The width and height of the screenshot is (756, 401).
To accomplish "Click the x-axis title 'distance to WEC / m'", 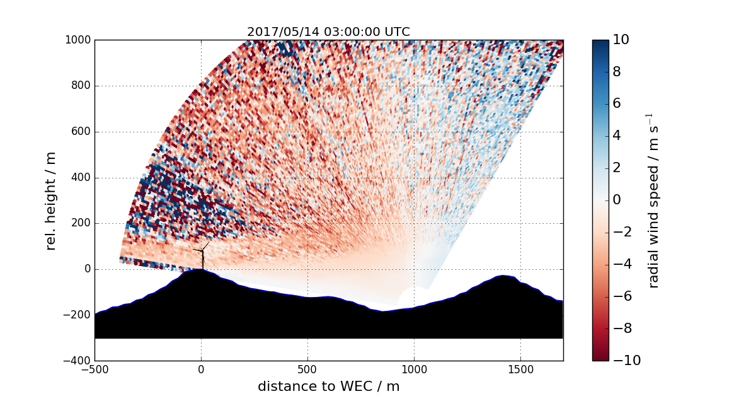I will click(328, 386).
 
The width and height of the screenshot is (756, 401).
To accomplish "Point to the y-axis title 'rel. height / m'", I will click(51, 200).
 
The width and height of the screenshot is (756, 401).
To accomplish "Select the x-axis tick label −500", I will click(94, 369).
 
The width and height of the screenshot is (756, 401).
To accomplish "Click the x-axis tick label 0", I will click(201, 369).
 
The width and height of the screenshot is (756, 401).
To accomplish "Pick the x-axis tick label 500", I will click(307, 369).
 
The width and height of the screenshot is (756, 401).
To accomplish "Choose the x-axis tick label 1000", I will click(414, 369).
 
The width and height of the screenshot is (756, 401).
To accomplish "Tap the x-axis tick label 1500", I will click(520, 369).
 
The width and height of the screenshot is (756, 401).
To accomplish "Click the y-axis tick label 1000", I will click(78, 40).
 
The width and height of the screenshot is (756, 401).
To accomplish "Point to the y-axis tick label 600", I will click(81, 132).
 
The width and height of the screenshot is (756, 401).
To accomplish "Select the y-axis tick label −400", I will click(78, 361).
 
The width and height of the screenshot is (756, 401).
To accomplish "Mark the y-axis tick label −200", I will click(78, 315).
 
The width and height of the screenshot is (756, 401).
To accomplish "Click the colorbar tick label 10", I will click(621, 40).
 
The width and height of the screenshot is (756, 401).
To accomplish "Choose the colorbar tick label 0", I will click(617, 200).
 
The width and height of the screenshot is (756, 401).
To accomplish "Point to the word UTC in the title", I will click(398, 32).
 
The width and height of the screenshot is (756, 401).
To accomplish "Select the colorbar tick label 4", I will click(617, 136).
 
